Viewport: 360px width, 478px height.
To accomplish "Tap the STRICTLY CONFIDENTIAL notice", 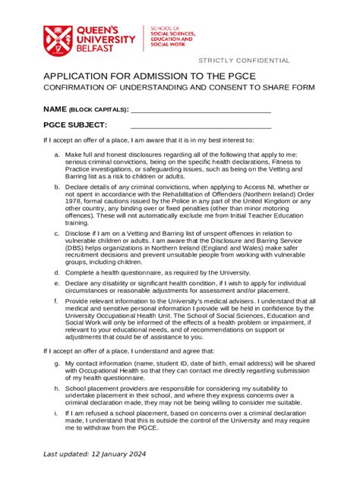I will (x=244, y=61).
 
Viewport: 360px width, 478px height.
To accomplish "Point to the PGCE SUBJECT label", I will (x=75, y=125).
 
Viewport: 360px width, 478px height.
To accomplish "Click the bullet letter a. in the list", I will (x=57, y=154).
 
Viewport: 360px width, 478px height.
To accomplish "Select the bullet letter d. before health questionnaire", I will (x=57, y=272).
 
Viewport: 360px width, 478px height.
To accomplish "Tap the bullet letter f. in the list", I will (x=57, y=300).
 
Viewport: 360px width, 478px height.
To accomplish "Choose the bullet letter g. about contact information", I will (x=57, y=363).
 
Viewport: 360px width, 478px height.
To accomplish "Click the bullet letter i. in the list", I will (x=57, y=413).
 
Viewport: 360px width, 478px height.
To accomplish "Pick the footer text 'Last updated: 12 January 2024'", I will (x=94, y=454).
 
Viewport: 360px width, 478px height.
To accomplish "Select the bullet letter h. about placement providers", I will (x=57, y=388).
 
